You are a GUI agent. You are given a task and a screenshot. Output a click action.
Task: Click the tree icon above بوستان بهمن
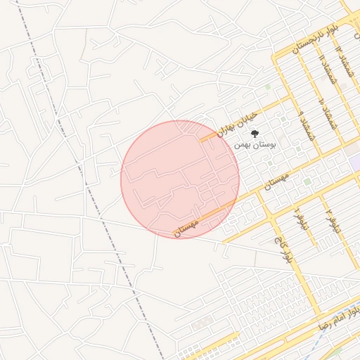tap(255, 132)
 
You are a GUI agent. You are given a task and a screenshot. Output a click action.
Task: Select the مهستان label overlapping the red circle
tap(188, 226)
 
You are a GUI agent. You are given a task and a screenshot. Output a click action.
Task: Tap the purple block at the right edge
tap(355, 162)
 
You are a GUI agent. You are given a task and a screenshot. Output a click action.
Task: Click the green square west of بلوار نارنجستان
tap(267, 87)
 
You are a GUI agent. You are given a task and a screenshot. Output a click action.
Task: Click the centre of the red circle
tap(180, 179)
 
